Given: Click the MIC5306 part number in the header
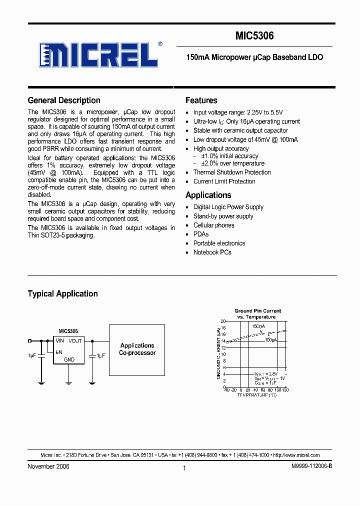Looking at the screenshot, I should point(254,36).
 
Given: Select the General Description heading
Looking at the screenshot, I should point(64,100).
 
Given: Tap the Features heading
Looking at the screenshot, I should point(201,100).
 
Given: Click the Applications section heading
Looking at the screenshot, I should point(208,195).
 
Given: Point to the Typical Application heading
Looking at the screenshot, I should point(62,293).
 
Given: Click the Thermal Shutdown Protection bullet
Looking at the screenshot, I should point(232,172).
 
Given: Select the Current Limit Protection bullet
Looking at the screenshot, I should point(224,181).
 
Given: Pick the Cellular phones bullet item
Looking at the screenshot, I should point(213,225).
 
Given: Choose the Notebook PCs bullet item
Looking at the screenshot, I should point(212,252).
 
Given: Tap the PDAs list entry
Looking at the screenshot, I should point(201,234).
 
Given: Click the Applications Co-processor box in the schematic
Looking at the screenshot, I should point(137,349).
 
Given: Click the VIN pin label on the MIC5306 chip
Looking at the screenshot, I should point(60,340).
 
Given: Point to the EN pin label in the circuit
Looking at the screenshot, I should point(59,352).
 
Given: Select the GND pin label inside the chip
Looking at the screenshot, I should point(69,359).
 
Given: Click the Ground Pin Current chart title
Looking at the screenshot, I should point(257,310).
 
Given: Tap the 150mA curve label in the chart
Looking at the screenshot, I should point(258,326).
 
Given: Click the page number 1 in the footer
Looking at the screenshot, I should point(184,468).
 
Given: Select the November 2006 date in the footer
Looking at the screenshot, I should point(48,466).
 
